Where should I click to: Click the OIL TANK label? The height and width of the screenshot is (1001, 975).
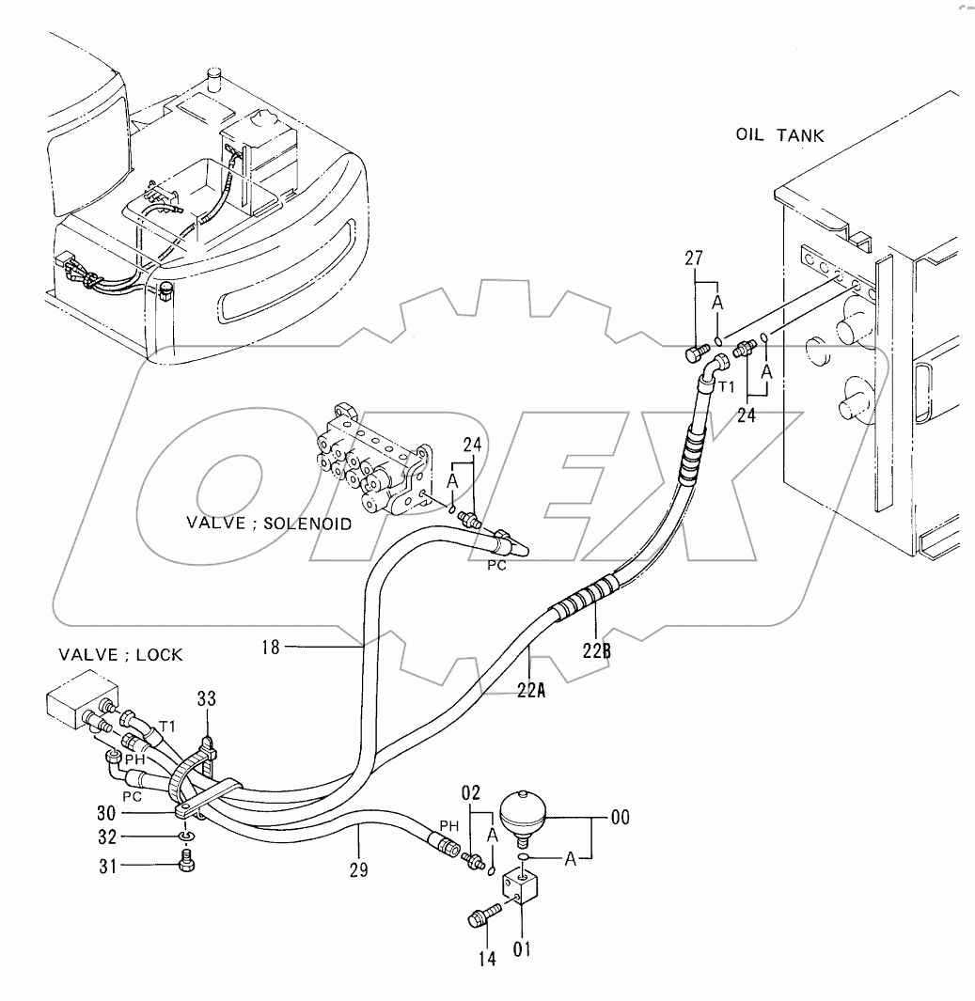click(x=779, y=135)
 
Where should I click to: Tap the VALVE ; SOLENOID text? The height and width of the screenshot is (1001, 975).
click(x=269, y=524)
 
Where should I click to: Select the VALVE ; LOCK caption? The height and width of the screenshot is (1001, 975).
click(x=120, y=655)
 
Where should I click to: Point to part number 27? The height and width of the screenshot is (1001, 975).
click(x=694, y=258)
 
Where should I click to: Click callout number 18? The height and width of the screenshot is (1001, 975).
click(x=271, y=648)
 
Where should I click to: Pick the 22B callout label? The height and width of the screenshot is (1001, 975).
click(x=596, y=650)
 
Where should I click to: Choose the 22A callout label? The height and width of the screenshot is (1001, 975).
click(x=532, y=690)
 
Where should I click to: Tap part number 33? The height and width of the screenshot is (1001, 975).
click(x=207, y=699)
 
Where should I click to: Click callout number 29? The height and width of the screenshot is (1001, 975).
click(x=359, y=869)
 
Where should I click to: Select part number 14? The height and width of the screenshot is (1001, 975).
click(x=487, y=959)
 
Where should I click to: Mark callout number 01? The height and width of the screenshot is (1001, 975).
click(x=522, y=949)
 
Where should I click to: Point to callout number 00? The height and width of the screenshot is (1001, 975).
click(x=621, y=817)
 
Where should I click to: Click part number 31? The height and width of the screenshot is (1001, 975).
click(x=107, y=867)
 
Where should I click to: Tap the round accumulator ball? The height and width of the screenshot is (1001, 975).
click(x=522, y=812)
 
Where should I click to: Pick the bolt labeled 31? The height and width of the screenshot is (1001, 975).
click(x=186, y=862)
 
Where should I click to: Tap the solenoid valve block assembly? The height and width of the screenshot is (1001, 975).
click(x=371, y=460)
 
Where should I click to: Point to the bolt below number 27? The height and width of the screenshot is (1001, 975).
click(x=698, y=352)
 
